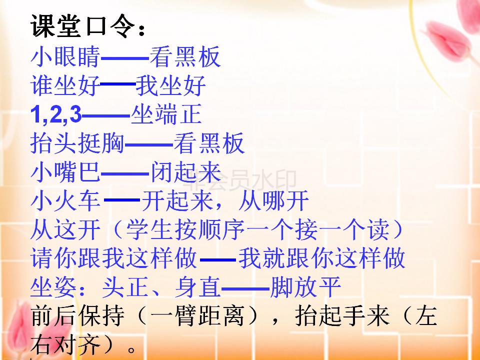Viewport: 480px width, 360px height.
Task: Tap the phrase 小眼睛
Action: pyautogui.click(x=65, y=57)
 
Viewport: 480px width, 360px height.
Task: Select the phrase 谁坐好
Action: pyautogui.click(x=65, y=86)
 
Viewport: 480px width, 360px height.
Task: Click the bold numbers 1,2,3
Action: pyautogui.click(x=55, y=115)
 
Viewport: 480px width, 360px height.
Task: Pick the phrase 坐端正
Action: pyautogui.click(x=166, y=115)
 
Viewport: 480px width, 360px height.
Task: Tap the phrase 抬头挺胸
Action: pyautogui.click(x=77, y=144)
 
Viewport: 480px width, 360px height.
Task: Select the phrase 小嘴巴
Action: pyautogui.click(x=65, y=173)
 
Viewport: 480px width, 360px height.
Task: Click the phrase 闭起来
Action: pyautogui.click(x=185, y=173)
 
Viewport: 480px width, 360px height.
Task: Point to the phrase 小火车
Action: pyautogui.click(x=65, y=201)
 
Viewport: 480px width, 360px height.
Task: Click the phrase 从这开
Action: pyautogui.click(x=65, y=230)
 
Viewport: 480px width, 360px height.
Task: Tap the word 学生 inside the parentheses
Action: pyautogui.click(x=149, y=230)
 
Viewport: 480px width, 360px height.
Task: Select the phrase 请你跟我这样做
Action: pyautogui.click(x=114, y=259)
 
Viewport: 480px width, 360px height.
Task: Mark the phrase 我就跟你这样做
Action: pyautogui.click(x=321, y=259)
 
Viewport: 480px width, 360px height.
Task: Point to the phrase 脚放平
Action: pyautogui.click(x=305, y=288)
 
